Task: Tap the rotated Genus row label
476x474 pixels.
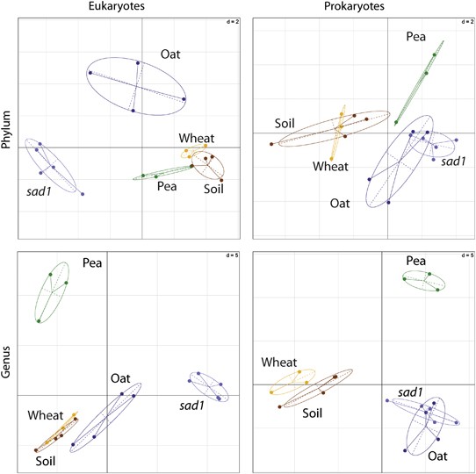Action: click(x=8, y=362)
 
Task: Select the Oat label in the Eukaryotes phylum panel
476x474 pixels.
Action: click(x=170, y=54)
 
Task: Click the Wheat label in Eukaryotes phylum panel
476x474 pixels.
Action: click(x=196, y=138)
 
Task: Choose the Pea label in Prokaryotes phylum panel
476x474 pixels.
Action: click(x=416, y=38)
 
